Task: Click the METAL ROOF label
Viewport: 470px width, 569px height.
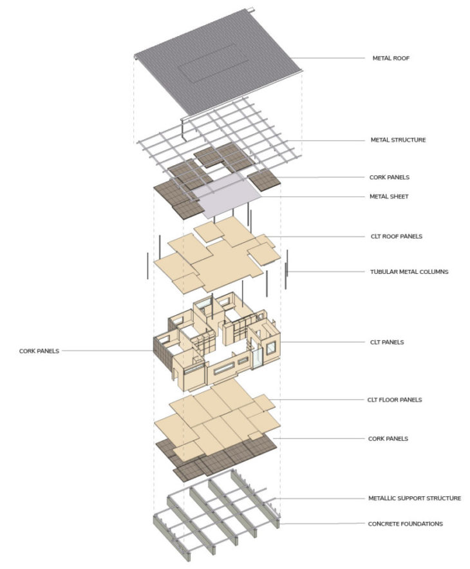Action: (391, 59)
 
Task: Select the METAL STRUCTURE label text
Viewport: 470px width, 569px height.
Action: (398, 140)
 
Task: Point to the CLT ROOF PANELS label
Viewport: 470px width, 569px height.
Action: (396, 236)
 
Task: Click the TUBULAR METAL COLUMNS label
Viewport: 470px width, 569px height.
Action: (409, 272)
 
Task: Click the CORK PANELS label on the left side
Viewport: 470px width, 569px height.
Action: (39, 351)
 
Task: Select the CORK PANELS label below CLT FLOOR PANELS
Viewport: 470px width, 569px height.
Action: (388, 439)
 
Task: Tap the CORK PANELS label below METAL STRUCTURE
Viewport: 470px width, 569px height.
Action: (388, 177)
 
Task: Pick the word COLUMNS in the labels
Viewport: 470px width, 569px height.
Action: (431, 272)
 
